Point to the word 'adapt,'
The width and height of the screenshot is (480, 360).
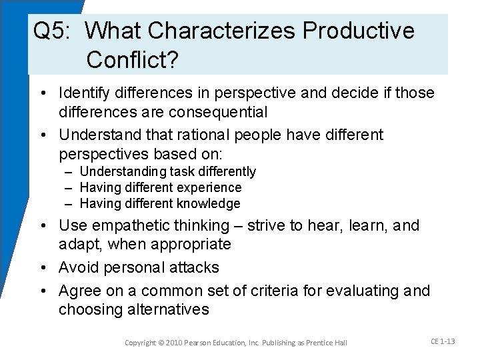click(x=79, y=244)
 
